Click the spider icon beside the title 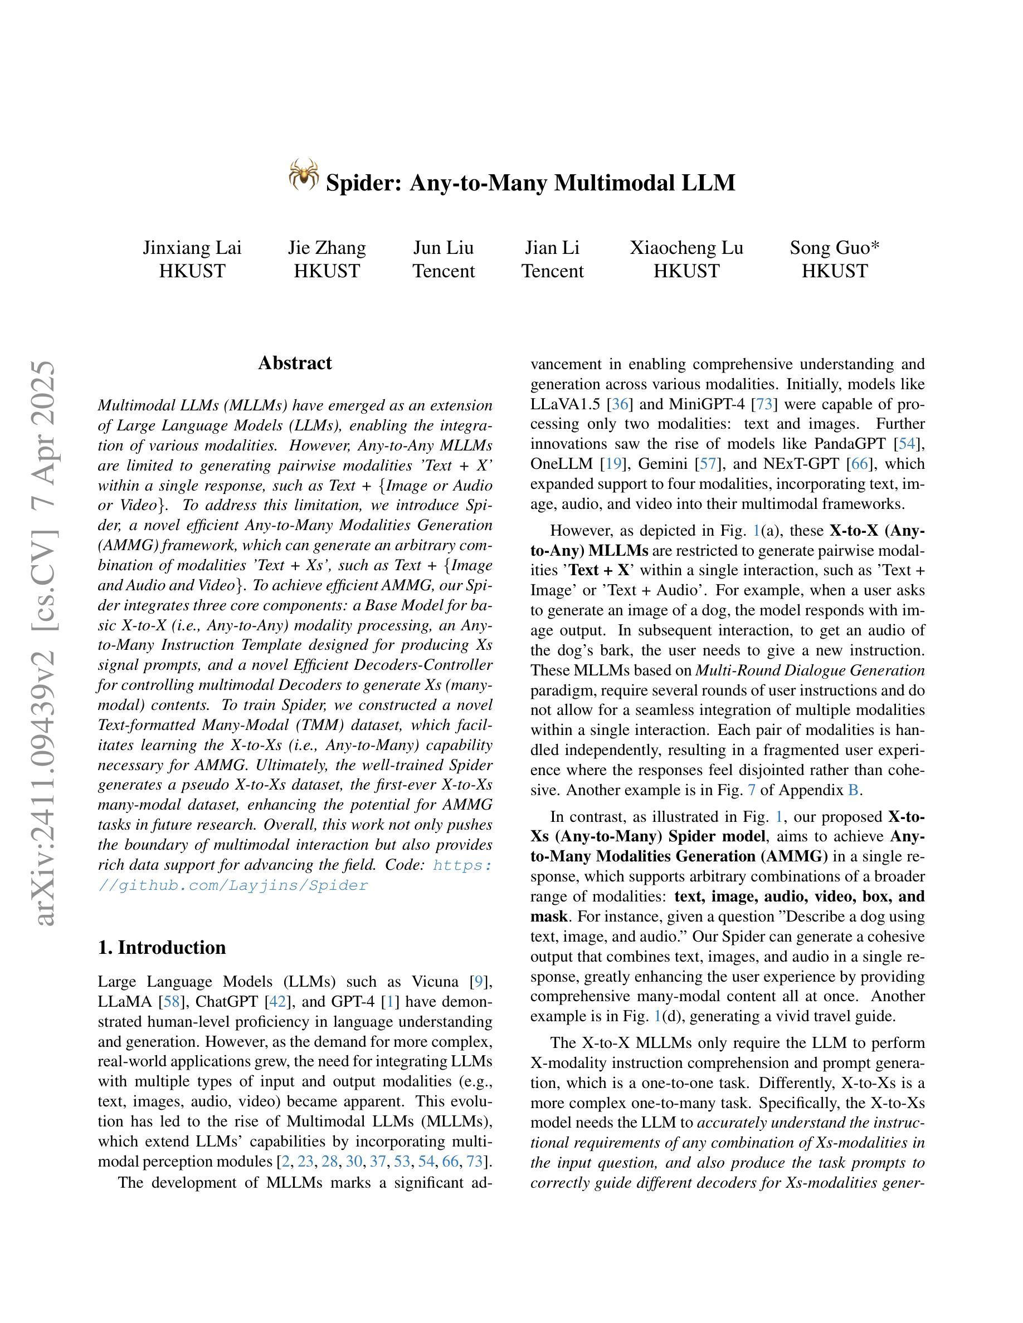point(304,175)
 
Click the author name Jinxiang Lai point(192,248)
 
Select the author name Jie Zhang point(327,248)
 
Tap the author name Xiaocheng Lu point(686,248)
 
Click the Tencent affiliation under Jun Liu point(444,271)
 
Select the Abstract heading point(295,363)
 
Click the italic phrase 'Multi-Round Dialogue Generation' point(810,670)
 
